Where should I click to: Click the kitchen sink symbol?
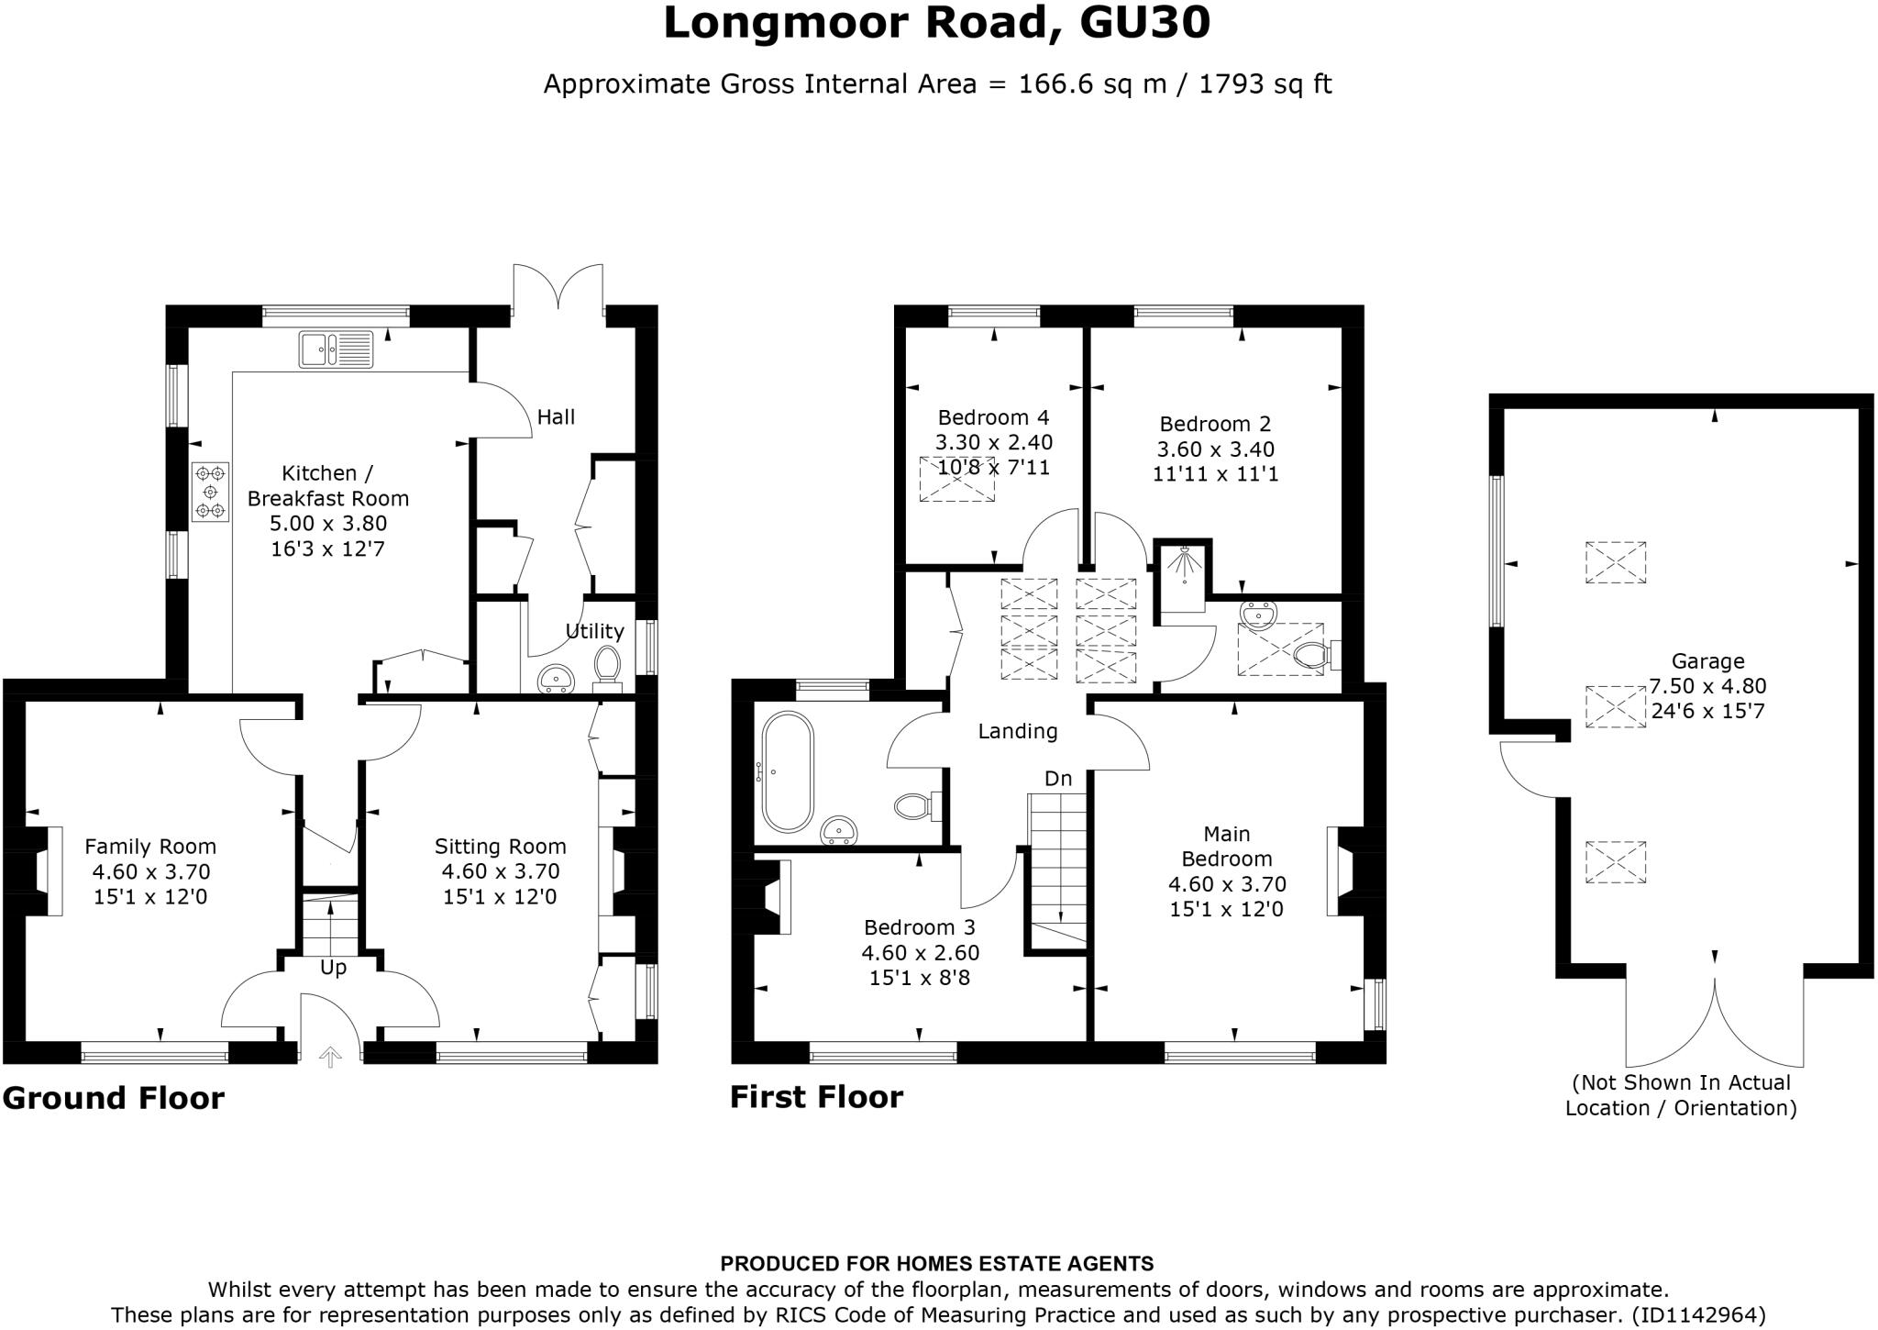[x=336, y=349]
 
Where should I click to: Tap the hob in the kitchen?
[x=210, y=492]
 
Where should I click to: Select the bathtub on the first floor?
[x=788, y=771]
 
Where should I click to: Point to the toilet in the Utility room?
[x=607, y=668]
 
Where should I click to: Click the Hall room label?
[x=556, y=417]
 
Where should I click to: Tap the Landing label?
[x=1018, y=731]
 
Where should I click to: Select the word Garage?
[x=1707, y=660]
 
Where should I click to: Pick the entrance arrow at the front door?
[x=330, y=1058]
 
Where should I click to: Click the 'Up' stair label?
[x=333, y=969]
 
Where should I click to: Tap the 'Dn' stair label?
[x=1058, y=779]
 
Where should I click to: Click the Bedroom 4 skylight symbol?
[x=956, y=479]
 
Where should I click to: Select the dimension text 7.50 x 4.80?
[x=1707, y=686]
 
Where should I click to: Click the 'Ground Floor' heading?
[x=114, y=1098]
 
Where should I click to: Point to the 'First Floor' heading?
[x=816, y=1097]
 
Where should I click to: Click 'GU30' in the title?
[x=1145, y=23]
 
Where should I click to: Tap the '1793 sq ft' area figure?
[x=1265, y=84]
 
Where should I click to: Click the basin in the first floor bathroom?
[x=839, y=830]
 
